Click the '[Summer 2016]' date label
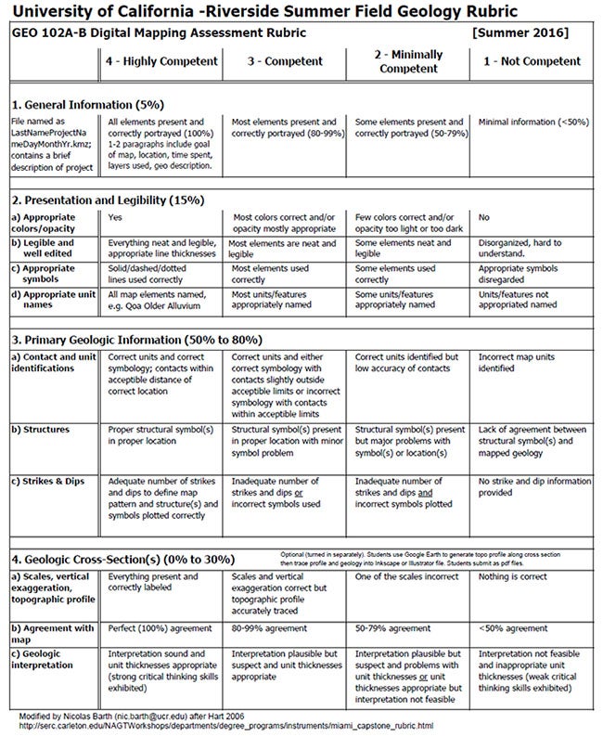tap(520, 32)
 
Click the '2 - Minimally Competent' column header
tap(406, 60)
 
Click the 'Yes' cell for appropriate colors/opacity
tap(115, 217)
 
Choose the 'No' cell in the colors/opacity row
tap(483, 217)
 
